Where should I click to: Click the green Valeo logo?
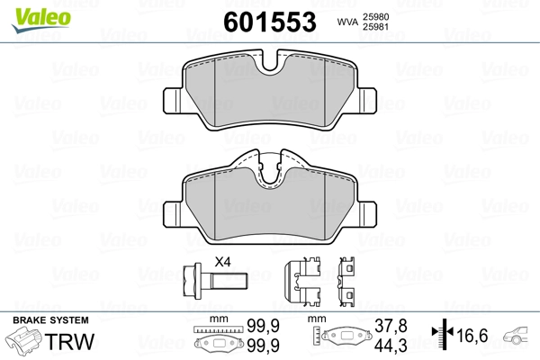coord(41,20)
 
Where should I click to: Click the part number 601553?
coord(270,22)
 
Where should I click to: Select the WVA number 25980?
coord(375,17)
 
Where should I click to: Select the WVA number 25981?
coord(375,27)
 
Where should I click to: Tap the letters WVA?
coord(348,22)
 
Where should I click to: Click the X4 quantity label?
coord(222,262)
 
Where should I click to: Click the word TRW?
coord(69,341)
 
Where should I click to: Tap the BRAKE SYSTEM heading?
coord(50,320)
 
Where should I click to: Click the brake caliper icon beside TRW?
coord(24,340)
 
